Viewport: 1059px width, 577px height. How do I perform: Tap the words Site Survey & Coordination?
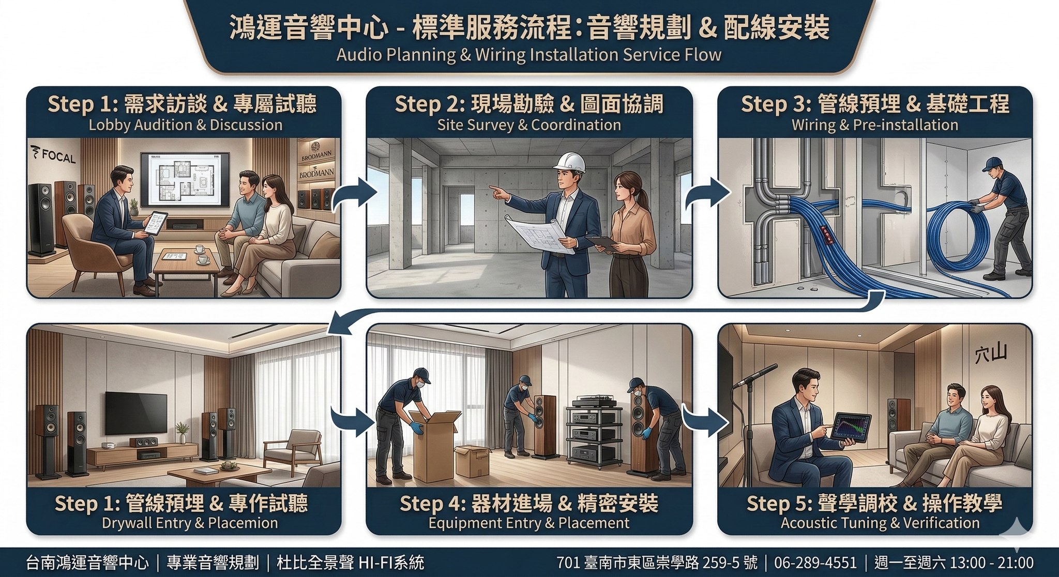528,125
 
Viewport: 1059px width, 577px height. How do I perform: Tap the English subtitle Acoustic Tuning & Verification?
880,523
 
